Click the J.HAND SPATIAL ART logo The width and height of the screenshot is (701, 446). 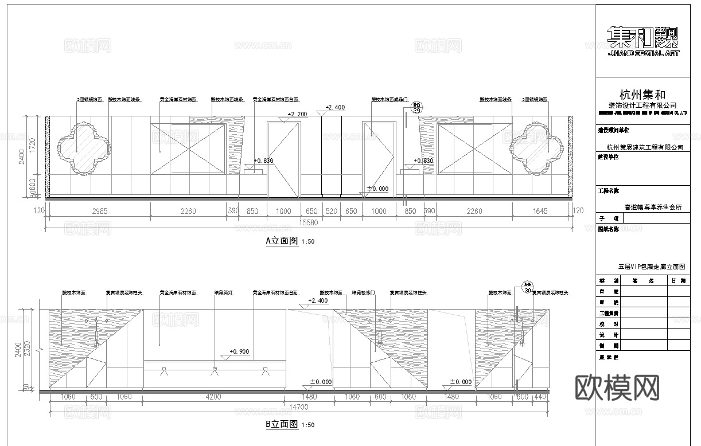click(x=642, y=42)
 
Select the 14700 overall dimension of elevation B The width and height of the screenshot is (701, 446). click(x=296, y=407)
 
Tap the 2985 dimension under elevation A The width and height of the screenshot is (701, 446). click(x=100, y=211)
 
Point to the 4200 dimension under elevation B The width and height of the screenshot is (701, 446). click(x=213, y=397)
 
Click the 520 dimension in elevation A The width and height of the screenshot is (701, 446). click(x=331, y=211)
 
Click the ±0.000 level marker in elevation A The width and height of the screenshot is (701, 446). click(x=377, y=189)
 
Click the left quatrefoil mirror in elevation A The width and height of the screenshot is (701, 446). click(x=84, y=147)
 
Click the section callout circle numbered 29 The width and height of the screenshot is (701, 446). click(x=417, y=108)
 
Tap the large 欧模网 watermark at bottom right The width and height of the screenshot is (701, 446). click(x=617, y=388)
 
